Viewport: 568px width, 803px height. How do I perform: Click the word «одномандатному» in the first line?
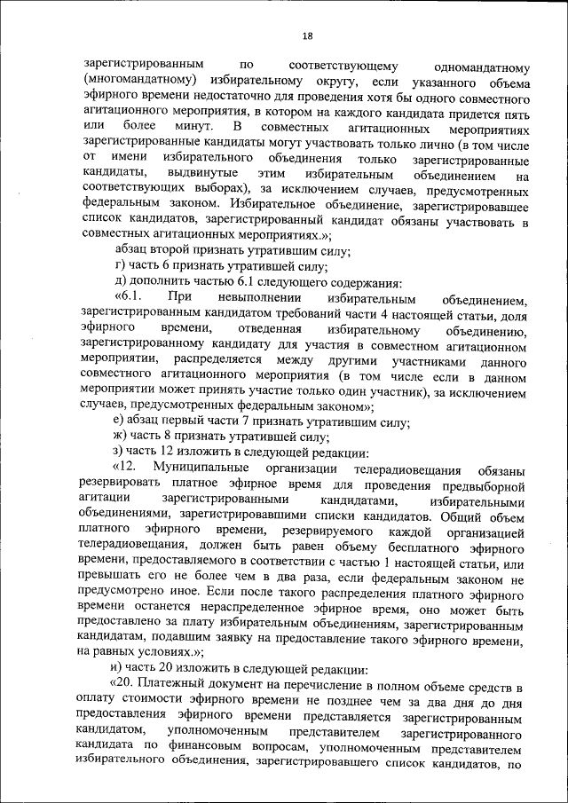[x=478, y=66]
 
